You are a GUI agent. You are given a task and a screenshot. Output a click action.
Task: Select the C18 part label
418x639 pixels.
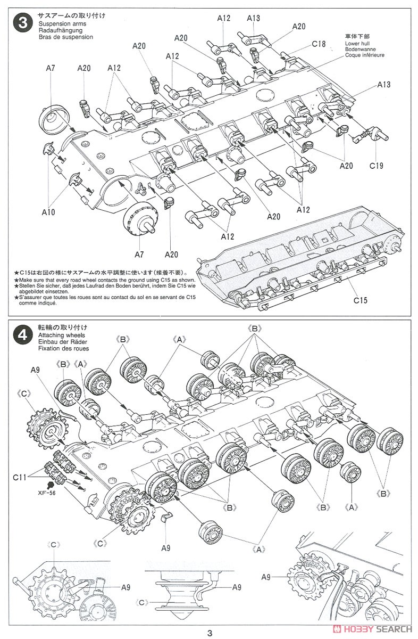coord(319,44)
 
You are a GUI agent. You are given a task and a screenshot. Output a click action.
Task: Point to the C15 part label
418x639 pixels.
coord(360,300)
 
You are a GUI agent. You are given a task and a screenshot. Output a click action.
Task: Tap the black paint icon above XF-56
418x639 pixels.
coord(51,485)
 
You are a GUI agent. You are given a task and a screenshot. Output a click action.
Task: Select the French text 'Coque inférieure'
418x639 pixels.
coord(364,55)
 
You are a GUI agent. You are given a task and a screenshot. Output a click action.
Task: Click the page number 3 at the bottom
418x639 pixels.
coord(210,633)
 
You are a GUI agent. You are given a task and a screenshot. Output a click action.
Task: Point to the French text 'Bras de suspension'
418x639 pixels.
coord(65,37)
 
